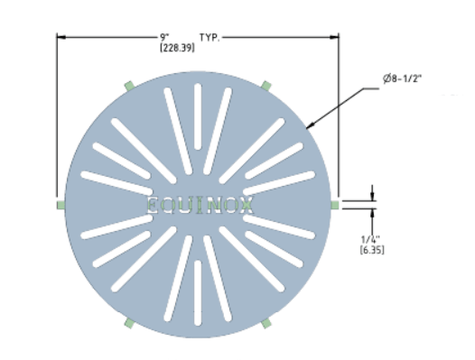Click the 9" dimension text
pos(164,37)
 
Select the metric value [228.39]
pos(176,47)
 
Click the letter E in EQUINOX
pos(153,205)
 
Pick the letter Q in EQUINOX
pos(171,205)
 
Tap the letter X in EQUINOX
pos(246,205)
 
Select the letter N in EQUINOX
pos(209,205)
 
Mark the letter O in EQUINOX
pos(228,205)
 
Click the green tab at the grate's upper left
pos(129,86)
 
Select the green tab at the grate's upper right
pos(266,86)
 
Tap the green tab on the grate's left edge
pos(61,205)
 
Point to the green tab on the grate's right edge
pos(335,205)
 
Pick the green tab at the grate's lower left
pos(129,323)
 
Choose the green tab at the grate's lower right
pos(266,323)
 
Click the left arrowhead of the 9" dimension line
pos(61,37)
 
